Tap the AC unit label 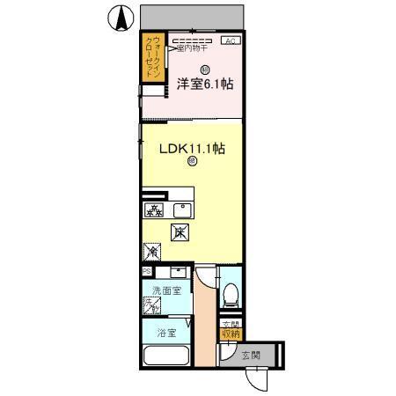(230, 40)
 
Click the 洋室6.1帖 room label (204, 84)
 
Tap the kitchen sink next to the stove (183, 209)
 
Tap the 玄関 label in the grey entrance (251, 356)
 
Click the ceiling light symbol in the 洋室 (204, 70)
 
